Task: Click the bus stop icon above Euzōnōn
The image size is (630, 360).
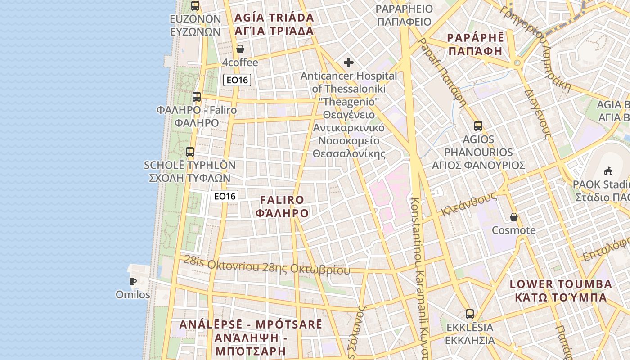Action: point(195,6)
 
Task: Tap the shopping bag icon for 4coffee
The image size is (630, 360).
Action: point(240,49)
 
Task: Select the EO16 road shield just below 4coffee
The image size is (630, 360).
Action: point(237,80)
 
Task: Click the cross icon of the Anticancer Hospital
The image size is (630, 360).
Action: point(349,63)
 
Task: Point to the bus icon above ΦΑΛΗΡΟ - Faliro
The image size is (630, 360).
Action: point(197,97)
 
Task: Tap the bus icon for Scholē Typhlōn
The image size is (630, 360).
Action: point(190,152)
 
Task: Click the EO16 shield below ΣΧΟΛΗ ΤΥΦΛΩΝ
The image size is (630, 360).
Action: point(225,196)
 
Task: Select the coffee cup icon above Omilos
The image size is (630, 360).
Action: point(133,282)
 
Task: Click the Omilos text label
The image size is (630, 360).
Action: point(133,295)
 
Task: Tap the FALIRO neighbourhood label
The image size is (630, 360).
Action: point(282,207)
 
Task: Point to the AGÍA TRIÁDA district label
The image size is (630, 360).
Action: point(274,24)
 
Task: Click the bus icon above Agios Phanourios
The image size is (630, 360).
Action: point(478,126)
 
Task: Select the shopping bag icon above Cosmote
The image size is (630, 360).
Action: point(514,217)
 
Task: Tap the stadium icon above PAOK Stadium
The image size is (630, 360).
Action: point(608,171)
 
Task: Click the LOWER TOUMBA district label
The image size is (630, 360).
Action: point(561,291)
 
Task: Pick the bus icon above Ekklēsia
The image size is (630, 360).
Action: point(470,314)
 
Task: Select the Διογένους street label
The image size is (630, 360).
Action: point(537,112)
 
